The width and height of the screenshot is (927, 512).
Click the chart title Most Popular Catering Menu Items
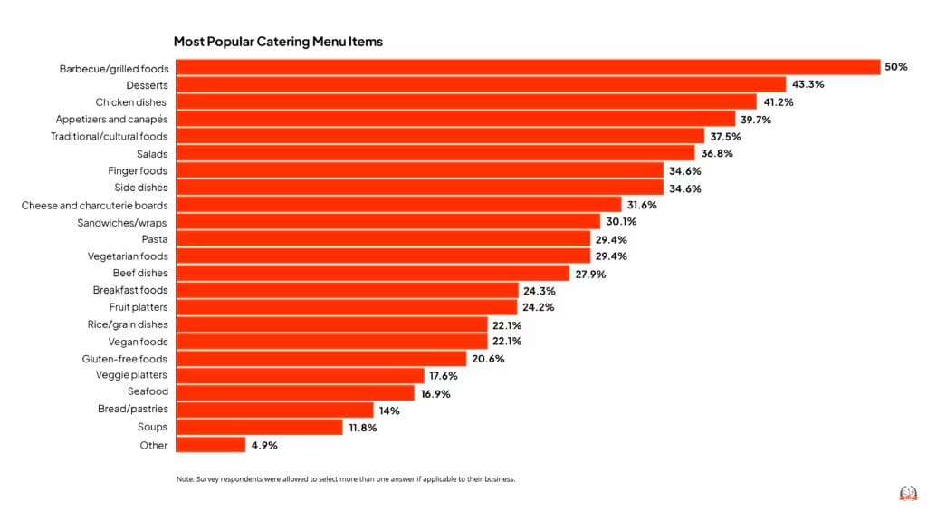[278, 42]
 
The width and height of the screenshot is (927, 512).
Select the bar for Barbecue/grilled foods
[527, 67]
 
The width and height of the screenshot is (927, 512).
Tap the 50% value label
[896, 67]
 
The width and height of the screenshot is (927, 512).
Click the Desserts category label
[146, 84]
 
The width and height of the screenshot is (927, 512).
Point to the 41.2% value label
[779, 101]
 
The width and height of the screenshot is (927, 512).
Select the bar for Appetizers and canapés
[454, 119]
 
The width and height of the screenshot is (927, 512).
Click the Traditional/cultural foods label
[109, 136]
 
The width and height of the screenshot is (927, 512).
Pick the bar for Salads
[435, 153]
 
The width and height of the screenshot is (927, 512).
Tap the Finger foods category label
[138, 170]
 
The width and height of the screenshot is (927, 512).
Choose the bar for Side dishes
[419, 188]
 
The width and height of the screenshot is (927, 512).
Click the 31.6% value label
[642, 205]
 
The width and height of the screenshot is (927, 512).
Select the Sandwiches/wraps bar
[387, 222]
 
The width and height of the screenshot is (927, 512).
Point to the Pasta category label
[154, 239]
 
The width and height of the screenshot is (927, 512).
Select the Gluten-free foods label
[125, 359]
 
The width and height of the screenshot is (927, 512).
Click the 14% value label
[390, 410]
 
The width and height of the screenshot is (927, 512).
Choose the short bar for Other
[210, 445]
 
